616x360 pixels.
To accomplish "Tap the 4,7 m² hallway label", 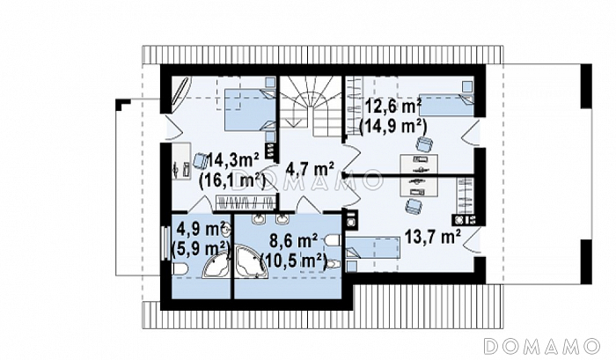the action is pyautogui.click(x=311, y=169).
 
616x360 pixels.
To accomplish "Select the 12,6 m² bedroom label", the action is pyautogui.click(x=393, y=106).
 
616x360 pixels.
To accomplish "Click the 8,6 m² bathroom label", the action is pyautogui.click(x=294, y=241).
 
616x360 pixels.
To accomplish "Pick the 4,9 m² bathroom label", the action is pyautogui.click(x=201, y=228).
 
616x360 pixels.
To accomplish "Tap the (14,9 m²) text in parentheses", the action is pyautogui.click(x=393, y=127).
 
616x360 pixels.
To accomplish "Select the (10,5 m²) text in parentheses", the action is pyautogui.click(x=294, y=261).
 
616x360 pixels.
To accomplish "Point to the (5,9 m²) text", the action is pyautogui.click(x=201, y=249).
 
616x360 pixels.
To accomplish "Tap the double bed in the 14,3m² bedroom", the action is pyautogui.click(x=250, y=110).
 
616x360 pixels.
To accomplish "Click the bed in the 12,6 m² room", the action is pyautogui.click(x=447, y=104).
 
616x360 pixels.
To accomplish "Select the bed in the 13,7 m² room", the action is pyautogui.click(x=372, y=247).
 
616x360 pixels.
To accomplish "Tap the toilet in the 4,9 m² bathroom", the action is pyautogui.click(x=180, y=269).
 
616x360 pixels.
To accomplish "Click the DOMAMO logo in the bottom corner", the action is pyautogui.click(x=542, y=346).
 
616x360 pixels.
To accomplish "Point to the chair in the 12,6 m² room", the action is pyautogui.click(x=424, y=143).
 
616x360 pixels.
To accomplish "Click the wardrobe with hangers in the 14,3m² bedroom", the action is pyautogui.click(x=246, y=202).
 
